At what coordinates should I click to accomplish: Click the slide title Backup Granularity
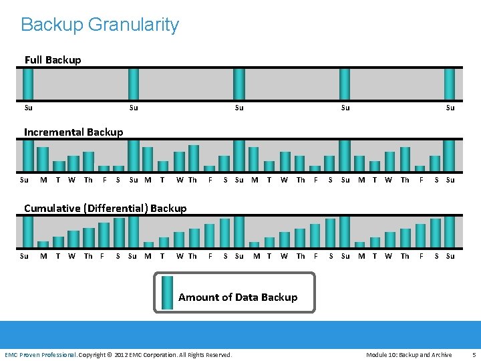100,25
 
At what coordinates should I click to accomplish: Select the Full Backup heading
53,60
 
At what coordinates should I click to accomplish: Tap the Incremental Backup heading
73,132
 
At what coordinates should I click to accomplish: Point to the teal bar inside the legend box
167,293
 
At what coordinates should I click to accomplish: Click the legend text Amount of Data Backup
238,297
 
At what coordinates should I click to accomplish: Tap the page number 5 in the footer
474,354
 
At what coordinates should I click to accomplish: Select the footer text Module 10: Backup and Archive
409,354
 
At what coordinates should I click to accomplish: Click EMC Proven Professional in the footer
41,354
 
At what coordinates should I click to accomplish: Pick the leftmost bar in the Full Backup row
28,84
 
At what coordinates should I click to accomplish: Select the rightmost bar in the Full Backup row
450,84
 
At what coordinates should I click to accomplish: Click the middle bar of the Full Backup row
239,84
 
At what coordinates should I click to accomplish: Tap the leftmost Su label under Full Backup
28,108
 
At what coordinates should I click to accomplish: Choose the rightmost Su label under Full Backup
450,108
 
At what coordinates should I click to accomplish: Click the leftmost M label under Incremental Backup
43,180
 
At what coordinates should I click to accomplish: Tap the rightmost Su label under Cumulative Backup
450,256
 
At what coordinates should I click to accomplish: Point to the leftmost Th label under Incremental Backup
88,180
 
